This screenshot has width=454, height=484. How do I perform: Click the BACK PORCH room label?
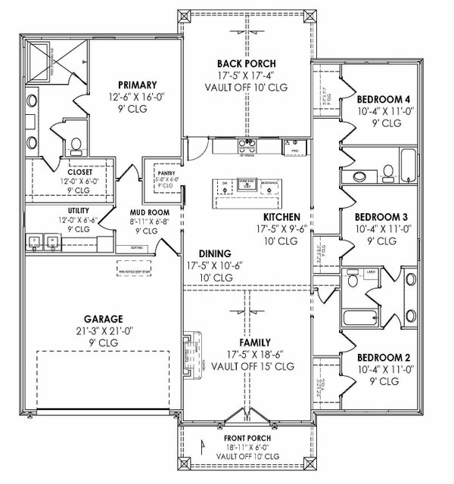[x=246, y=63]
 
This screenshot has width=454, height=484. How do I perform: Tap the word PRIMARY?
[x=136, y=85]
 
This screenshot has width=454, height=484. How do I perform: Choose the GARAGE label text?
[x=104, y=319]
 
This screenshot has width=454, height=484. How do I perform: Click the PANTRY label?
[x=166, y=172]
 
